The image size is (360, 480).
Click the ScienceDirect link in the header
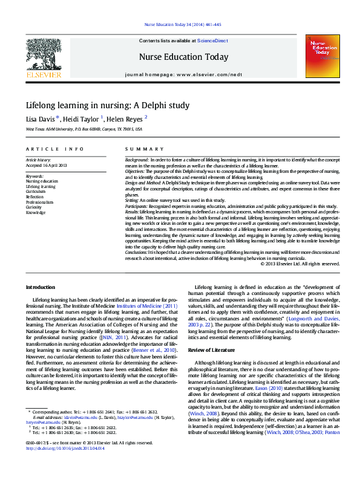212,41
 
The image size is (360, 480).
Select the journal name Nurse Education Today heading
184,57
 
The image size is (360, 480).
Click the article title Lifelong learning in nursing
107,105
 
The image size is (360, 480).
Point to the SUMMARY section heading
140,149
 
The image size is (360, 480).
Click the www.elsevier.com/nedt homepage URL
209,74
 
